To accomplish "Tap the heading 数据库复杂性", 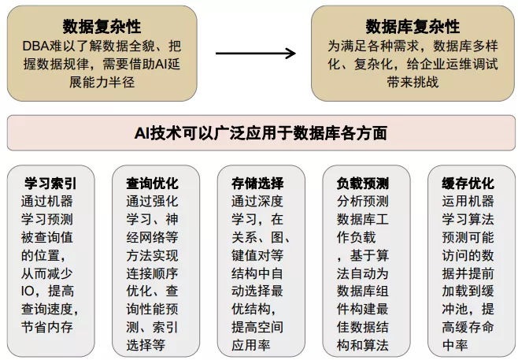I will tap(413, 26).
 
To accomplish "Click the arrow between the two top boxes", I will tap(256, 54).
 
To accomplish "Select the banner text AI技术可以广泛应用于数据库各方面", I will tap(259, 133).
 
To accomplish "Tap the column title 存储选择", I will tap(258, 183).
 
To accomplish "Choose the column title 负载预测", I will tap(362, 183).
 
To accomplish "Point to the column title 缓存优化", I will tap(468, 183).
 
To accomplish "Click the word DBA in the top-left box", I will tap(36, 46).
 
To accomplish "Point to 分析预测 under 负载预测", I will tap(362, 201).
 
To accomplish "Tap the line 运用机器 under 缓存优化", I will tap(468, 201).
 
